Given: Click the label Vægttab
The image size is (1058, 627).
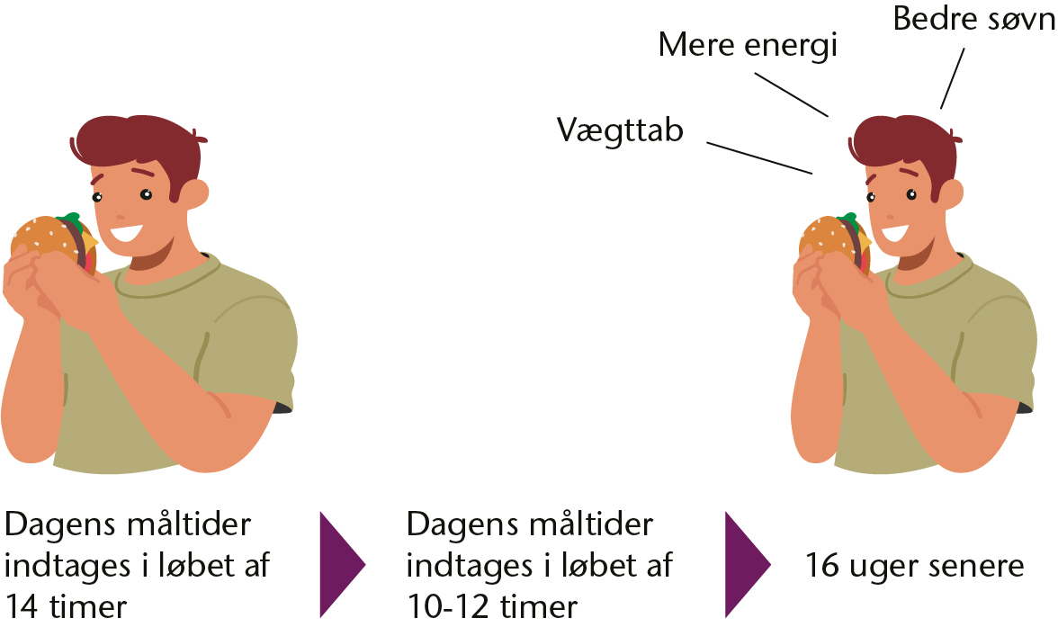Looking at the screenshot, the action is tap(619, 130).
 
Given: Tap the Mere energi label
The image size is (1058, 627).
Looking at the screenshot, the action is tap(748, 46).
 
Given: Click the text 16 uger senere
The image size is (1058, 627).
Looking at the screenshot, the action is tap(914, 565).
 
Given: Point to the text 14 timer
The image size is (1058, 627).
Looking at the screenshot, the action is tap(66, 606).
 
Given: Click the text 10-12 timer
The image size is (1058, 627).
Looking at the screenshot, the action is tap(492, 606).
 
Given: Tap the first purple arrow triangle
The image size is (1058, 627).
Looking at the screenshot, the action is tap(342, 564).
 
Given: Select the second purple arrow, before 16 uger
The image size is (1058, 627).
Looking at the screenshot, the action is tap(748, 564).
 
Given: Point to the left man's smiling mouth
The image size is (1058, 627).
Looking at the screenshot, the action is tap(127, 233).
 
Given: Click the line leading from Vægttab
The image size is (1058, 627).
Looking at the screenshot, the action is tap(759, 158).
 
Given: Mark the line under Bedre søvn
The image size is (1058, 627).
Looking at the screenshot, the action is tap(953, 78).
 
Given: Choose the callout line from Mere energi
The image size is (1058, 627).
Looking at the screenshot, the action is tap(792, 95).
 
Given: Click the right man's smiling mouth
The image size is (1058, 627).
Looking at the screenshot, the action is tap(894, 233).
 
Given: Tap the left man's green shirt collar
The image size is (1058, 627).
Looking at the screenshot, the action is tap(169, 277).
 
